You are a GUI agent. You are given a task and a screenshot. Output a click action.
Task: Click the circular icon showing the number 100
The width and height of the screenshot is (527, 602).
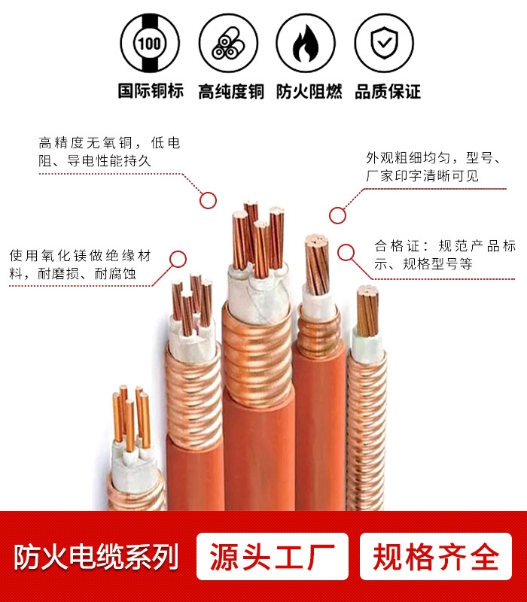point(150,43)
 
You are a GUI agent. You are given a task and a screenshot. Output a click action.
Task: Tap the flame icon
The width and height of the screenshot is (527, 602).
point(306,43)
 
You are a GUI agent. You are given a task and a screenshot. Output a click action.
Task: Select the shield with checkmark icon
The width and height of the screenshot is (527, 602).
point(384,43)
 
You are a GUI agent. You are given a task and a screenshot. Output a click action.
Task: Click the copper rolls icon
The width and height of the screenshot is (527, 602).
point(228,43)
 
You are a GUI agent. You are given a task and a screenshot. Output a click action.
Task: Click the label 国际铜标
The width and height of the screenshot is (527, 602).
point(151,91)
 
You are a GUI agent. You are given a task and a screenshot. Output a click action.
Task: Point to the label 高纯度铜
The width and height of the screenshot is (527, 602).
point(231,92)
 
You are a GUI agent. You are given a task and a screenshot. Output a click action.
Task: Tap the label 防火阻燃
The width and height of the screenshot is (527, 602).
point(309,92)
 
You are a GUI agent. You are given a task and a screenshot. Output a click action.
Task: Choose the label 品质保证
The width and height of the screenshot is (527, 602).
point(388,92)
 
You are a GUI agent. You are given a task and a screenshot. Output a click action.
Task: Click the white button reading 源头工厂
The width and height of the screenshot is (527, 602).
point(273,556)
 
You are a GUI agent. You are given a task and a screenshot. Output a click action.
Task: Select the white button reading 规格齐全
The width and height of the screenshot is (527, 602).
point(436,556)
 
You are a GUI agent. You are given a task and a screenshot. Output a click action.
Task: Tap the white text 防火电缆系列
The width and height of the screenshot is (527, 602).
point(96,556)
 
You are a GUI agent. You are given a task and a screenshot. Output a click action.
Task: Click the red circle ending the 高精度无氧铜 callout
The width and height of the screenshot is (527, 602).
point(209,200)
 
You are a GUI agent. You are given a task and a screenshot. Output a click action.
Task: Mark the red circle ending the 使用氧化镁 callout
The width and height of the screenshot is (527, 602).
point(178,259)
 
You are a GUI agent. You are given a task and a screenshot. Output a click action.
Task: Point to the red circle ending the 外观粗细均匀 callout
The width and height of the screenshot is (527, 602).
point(337,215)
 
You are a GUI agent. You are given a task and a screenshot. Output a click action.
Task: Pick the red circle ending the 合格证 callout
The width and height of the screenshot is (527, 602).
point(346,252)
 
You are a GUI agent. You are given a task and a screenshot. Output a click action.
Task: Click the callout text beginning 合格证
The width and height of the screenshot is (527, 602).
point(445,254)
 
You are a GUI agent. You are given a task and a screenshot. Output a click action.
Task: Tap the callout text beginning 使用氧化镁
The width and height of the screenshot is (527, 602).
point(81,264)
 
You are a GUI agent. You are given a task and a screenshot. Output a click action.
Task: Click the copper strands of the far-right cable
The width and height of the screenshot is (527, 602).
point(367,310)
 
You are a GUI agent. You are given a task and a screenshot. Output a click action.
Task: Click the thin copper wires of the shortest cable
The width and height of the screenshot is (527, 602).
point(131,418)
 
